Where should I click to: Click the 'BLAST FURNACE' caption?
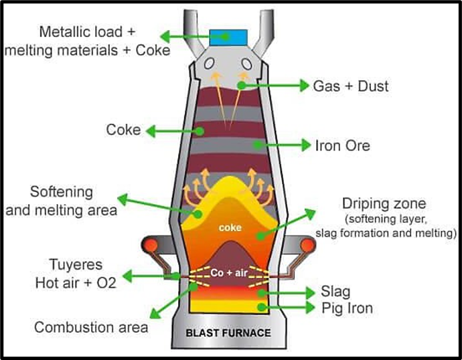pos(228,333)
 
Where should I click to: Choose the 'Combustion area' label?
pos(91,328)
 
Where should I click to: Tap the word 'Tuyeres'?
pos(75,265)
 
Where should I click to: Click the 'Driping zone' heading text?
pos(383,203)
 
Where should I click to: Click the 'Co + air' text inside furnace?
pos(229,273)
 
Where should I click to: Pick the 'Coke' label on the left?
pos(123,128)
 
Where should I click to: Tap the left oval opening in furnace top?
pos(210,64)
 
